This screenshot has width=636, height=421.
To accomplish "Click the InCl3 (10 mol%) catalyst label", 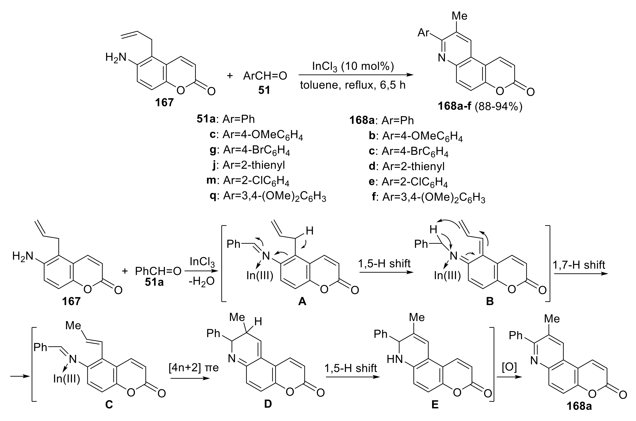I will [x=353, y=66].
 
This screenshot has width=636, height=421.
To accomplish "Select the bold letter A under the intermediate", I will [x=302, y=302].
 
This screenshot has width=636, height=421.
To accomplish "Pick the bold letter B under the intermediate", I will [x=490, y=302].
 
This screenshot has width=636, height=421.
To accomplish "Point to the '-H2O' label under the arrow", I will [x=202, y=281].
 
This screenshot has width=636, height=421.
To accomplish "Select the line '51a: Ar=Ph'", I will [x=226, y=119].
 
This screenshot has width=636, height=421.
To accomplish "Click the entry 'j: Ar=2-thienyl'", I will [x=249, y=165].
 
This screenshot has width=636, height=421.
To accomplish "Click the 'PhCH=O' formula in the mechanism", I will [x=158, y=271].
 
